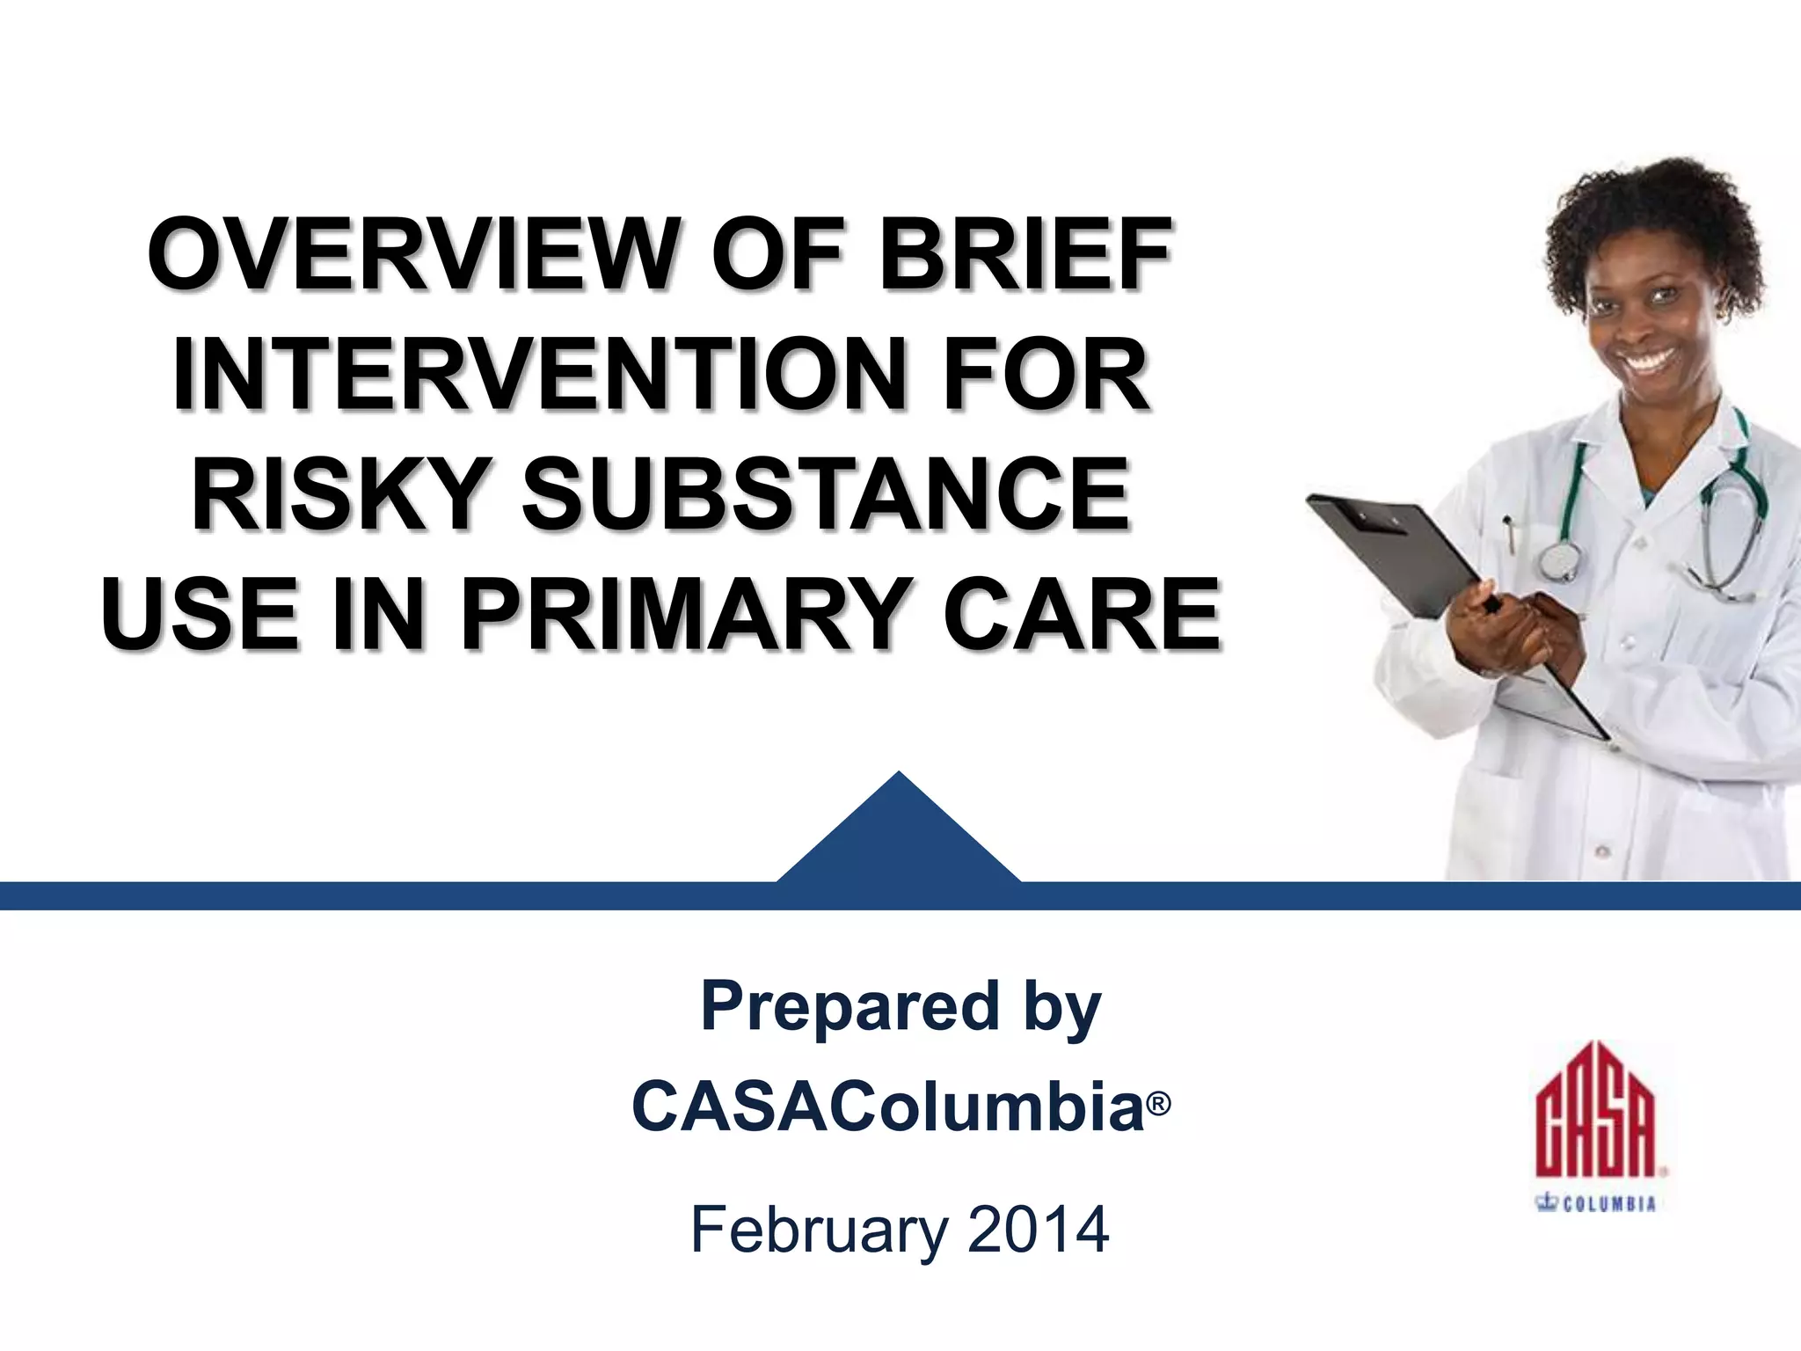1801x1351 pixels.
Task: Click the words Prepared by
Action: tap(900, 1007)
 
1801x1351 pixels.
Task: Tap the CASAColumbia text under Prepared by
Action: tap(888, 1106)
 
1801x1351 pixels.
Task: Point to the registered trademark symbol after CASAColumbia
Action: tap(1159, 1103)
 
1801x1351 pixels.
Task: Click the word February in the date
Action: tap(818, 1230)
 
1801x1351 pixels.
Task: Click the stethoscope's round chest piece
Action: tap(1558, 559)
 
